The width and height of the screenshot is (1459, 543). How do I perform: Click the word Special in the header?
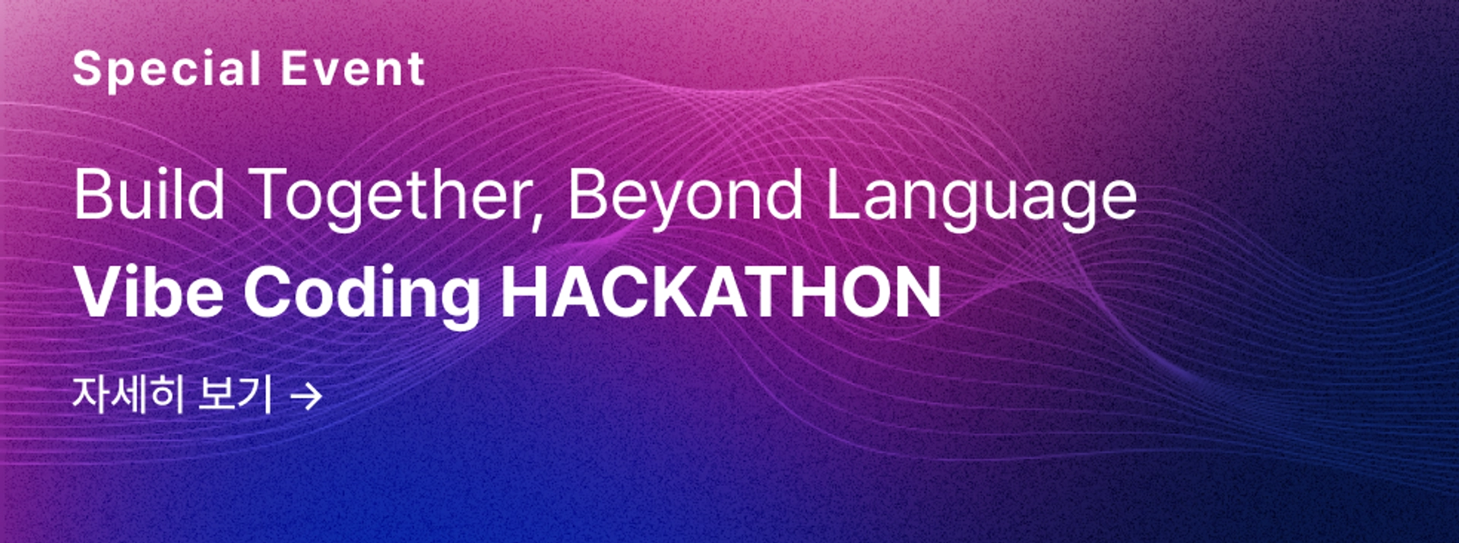pyautogui.click(x=167, y=70)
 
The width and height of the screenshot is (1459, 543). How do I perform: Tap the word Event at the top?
pyautogui.click(x=353, y=68)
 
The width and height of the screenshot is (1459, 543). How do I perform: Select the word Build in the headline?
pyautogui.click(x=149, y=195)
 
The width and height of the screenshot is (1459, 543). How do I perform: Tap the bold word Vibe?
pyautogui.click(x=149, y=292)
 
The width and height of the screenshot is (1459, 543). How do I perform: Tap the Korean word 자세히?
pyautogui.click(x=128, y=394)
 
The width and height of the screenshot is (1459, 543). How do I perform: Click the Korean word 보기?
pyautogui.click(x=235, y=394)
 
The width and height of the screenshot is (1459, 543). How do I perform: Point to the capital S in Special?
pyautogui.click(x=87, y=68)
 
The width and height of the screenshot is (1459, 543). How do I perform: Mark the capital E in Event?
pyautogui.click(x=294, y=68)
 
